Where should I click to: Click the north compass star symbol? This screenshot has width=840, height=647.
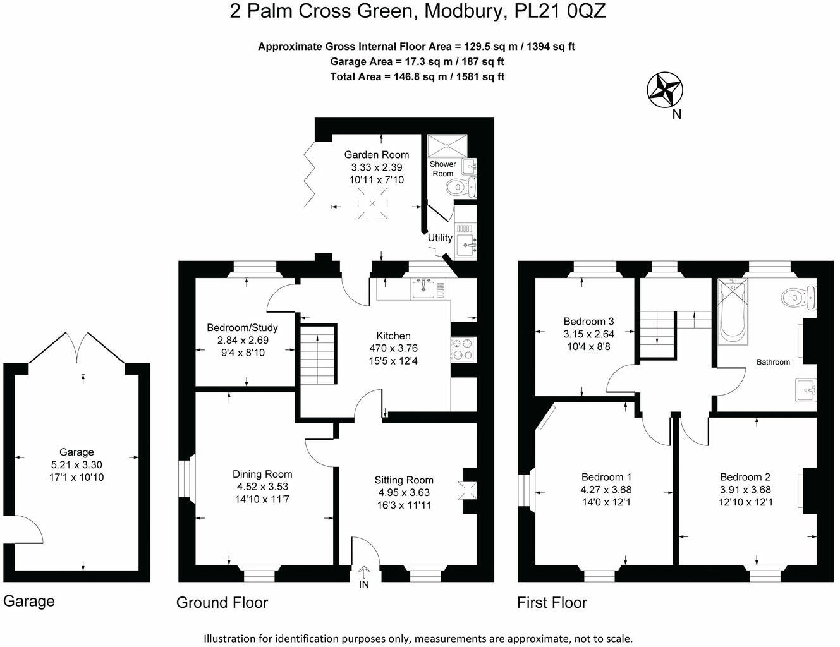point(665,90)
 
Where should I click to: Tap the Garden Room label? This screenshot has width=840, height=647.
point(376,155)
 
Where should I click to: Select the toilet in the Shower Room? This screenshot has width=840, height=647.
point(458,186)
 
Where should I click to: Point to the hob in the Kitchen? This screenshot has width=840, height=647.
point(463,349)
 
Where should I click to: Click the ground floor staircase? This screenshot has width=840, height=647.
point(317,354)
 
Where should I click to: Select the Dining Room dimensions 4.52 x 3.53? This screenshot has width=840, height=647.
point(262,487)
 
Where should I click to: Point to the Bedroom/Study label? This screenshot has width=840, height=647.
point(242,328)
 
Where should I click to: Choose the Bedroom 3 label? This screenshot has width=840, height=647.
point(588,321)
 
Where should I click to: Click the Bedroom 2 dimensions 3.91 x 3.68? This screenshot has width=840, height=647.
point(745,490)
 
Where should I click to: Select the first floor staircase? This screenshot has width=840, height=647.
point(658,333)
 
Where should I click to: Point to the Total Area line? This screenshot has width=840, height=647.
point(417,76)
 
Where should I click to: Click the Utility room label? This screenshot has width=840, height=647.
point(440,238)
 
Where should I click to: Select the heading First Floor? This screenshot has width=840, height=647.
point(552,602)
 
